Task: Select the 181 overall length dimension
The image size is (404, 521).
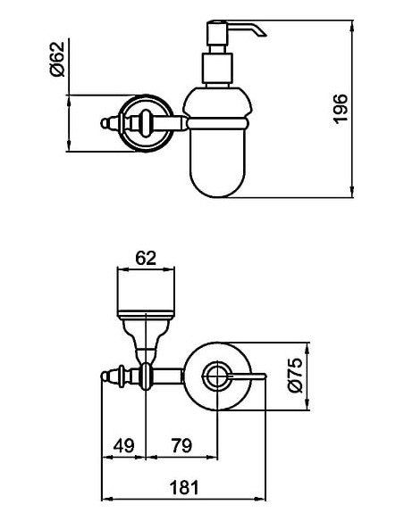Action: [x=185, y=488]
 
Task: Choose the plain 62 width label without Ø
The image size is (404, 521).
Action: [x=147, y=259]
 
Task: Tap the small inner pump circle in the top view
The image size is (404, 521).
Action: [x=217, y=377]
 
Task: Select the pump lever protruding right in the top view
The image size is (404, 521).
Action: [x=253, y=378]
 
